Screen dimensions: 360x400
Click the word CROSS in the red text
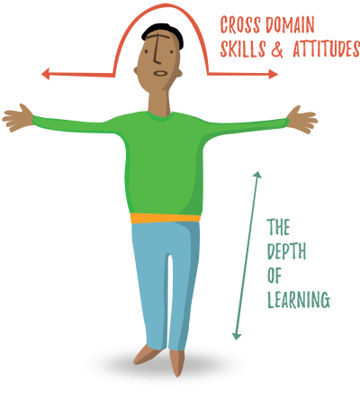[x=240, y=24]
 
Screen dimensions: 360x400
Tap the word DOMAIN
[x=290, y=24]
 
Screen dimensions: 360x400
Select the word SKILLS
[x=243, y=49]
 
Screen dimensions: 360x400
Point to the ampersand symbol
[x=277, y=49]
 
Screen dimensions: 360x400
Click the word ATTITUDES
[x=327, y=49]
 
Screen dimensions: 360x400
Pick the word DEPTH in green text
[x=286, y=251]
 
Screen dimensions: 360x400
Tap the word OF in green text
[x=274, y=276]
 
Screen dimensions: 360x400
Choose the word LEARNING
[x=299, y=300]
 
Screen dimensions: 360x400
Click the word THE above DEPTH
[x=278, y=227]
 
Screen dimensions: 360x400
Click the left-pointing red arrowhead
[x=46, y=74]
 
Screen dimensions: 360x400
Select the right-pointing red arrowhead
[x=274, y=74]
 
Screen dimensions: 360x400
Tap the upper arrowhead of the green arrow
[x=257, y=175]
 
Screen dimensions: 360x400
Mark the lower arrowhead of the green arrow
[x=237, y=336]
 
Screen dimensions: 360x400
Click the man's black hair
[x=164, y=32]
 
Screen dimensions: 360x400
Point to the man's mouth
[x=160, y=73]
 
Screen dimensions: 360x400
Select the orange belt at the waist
[x=166, y=218]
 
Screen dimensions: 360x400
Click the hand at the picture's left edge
[x=18, y=118]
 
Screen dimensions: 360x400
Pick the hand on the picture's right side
[x=301, y=120]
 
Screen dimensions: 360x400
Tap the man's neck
[x=159, y=102]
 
